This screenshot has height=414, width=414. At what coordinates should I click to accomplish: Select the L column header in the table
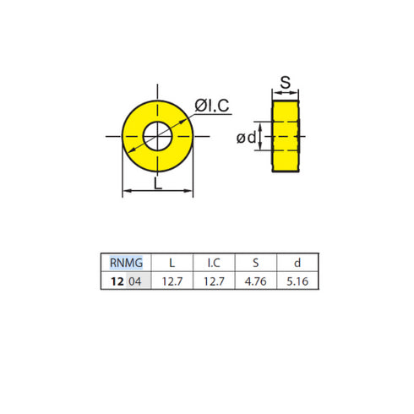coord(172,264)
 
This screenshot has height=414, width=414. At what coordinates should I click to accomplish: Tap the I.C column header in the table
coord(214,264)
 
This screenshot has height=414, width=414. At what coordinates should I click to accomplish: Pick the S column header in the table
coord(255,264)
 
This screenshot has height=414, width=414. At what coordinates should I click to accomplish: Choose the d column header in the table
coord(297,264)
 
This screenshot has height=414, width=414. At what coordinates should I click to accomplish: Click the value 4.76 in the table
coord(255,281)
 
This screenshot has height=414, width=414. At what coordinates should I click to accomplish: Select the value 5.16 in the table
coord(297,281)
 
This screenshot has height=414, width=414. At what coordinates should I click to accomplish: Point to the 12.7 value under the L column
coord(172,281)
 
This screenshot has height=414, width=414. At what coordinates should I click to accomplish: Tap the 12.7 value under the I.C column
coord(214,281)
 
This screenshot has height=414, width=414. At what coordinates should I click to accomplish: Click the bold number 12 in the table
coord(117,281)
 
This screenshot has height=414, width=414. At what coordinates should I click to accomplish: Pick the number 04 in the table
coord(135,281)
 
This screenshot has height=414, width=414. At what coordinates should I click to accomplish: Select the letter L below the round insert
coord(159,184)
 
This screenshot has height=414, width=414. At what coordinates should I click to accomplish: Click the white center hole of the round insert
coord(158,133)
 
